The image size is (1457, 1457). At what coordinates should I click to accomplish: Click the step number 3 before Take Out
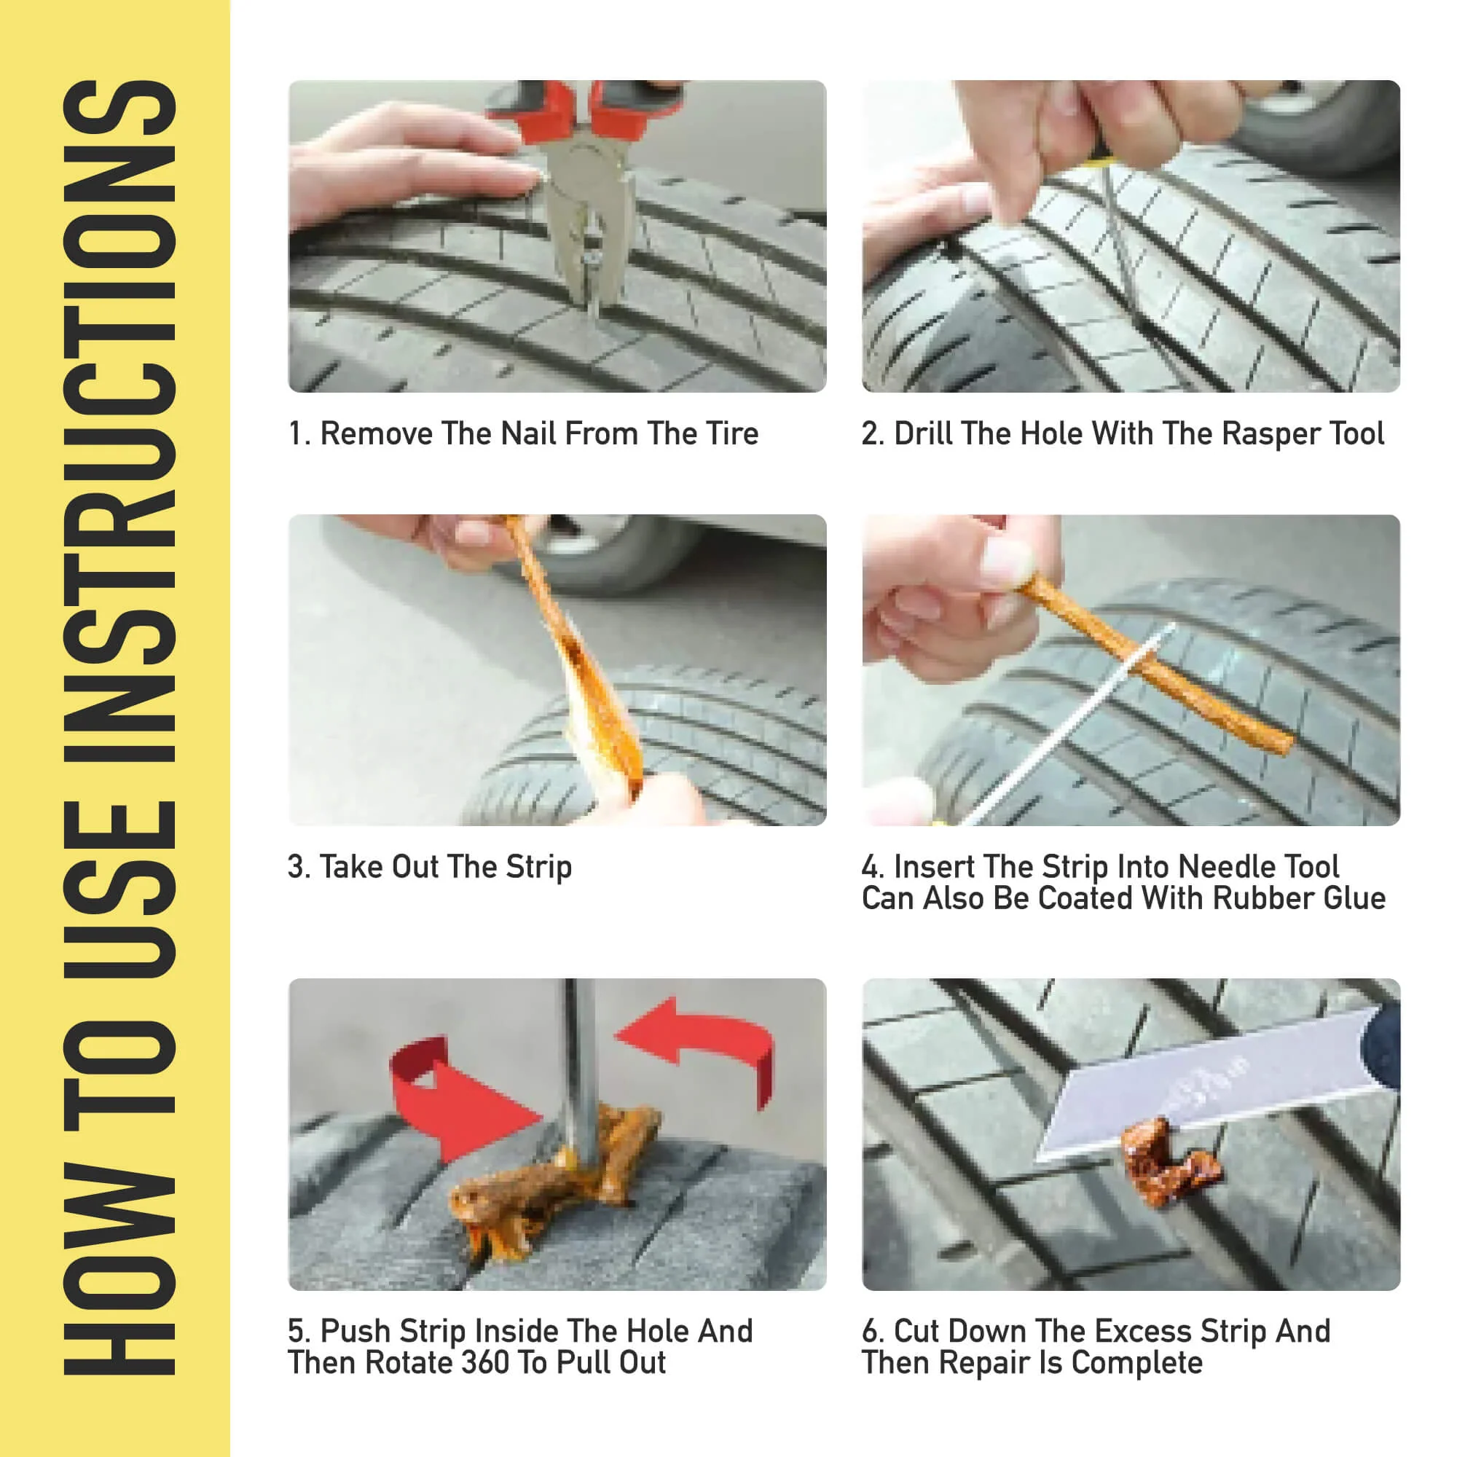coord(297,867)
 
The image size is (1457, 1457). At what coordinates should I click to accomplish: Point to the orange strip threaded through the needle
coord(1154,667)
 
